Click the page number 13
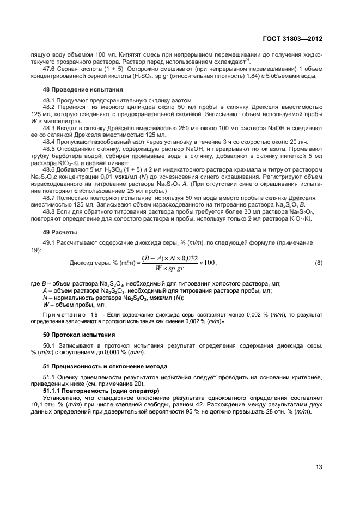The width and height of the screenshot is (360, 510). (319, 466)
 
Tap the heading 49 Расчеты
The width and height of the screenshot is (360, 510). (60, 232)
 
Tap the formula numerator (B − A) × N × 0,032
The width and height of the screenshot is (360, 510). (169, 258)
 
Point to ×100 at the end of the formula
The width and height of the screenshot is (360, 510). (208, 263)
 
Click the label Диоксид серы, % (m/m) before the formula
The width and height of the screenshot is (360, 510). (103, 263)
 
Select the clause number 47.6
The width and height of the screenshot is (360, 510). (51, 69)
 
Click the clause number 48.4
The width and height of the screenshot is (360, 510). (51, 141)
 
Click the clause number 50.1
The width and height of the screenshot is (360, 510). (51, 345)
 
